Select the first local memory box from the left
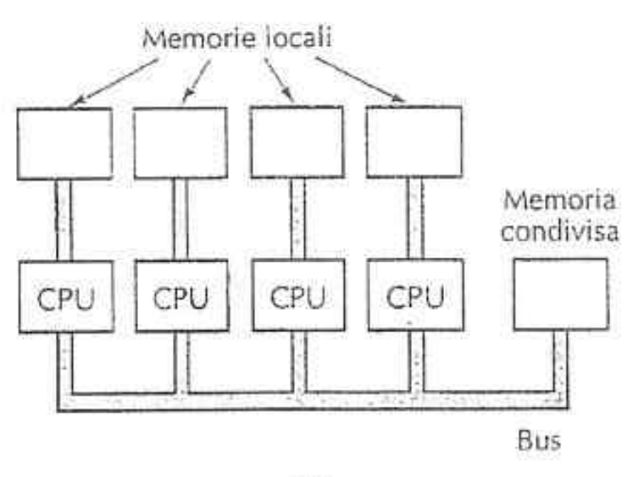(64, 142)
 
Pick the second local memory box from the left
(180, 142)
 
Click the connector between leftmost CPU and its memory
(64, 219)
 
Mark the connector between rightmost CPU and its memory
(414, 219)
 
